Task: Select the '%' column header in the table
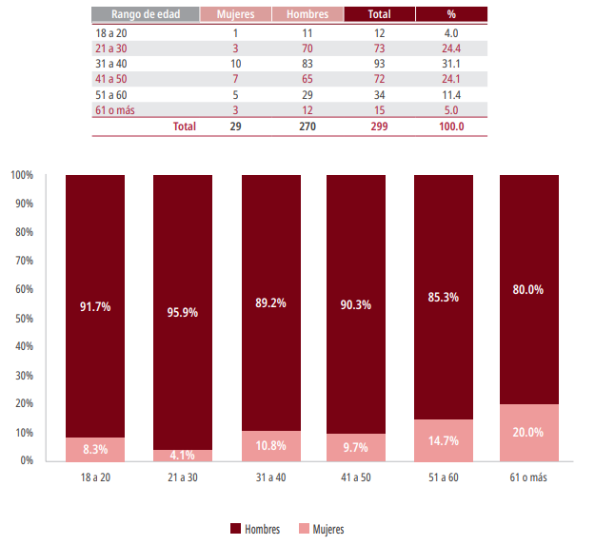pyautogui.click(x=451, y=14)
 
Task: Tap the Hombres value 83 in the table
pyautogui.click(x=306, y=63)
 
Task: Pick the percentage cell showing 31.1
pyautogui.click(x=451, y=63)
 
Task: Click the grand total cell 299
pyautogui.click(x=379, y=127)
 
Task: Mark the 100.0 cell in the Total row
pyautogui.click(x=451, y=127)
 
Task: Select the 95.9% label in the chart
pyautogui.click(x=182, y=311)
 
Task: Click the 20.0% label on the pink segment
pyautogui.click(x=529, y=432)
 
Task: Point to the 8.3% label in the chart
pyautogui.click(x=95, y=449)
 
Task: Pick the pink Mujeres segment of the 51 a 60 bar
pyautogui.click(x=443, y=440)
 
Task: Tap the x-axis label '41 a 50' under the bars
pyautogui.click(x=356, y=477)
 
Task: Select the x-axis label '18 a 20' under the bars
pyautogui.click(x=95, y=477)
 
